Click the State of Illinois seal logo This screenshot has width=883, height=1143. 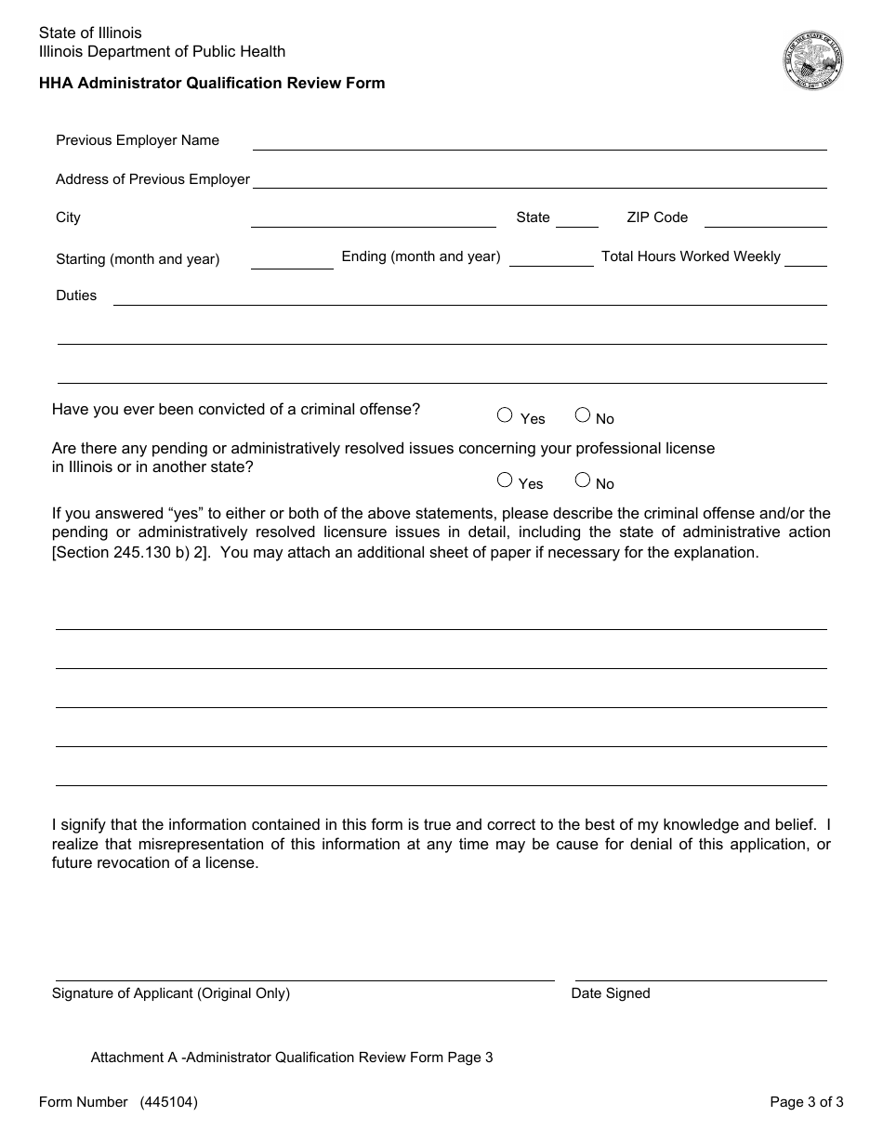pyautogui.click(x=812, y=60)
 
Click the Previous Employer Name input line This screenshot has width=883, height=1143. pyautogui.click(x=539, y=141)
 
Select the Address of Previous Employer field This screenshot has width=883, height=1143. pyautogui.click(x=539, y=179)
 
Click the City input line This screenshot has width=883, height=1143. pyautogui.click(x=373, y=218)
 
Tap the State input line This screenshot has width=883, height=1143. pyautogui.click(x=576, y=218)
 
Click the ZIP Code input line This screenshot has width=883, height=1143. pyautogui.click(x=765, y=218)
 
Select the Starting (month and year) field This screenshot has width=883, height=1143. pyautogui.click(x=292, y=260)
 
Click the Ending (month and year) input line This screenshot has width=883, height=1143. pyautogui.click(x=551, y=258)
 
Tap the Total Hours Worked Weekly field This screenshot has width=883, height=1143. pyautogui.click(x=811, y=257)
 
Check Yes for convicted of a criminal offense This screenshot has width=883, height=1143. pyautogui.click(x=505, y=415)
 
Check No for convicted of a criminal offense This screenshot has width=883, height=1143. pyautogui.click(x=583, y=415)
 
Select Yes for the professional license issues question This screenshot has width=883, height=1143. pyautogui.click(x=505, y=480)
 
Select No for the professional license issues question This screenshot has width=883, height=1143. pyautogui.click(x=583, y=480)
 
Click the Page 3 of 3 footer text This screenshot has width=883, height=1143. pyautogui.click(x=806, y=1102)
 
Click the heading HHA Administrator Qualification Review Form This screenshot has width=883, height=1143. pyautogui.click(x=212, y=83)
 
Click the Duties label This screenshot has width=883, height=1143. pyautogui.click(x=76, y=296)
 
